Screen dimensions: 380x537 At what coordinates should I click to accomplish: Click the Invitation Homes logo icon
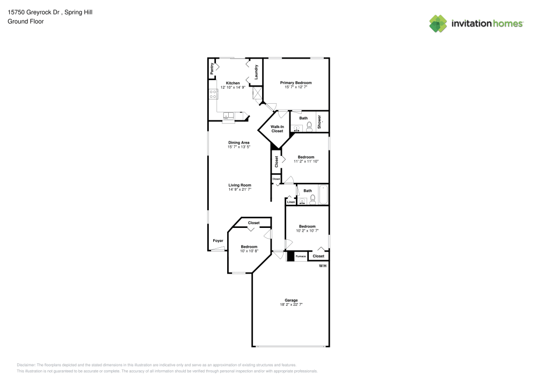click(438, 23)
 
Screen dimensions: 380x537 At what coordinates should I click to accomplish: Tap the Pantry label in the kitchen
click(213, 68)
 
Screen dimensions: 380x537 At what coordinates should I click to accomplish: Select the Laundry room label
click(257, 72)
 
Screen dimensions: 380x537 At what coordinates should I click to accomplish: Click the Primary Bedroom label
click(296, 83)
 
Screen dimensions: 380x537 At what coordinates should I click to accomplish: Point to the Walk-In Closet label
click(277, 129)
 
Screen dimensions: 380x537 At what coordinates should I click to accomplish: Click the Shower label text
click(319, 121)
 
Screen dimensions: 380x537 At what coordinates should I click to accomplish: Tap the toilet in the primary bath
click(309, 127)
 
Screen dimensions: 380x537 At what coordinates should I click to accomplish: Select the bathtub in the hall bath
click(323, 195)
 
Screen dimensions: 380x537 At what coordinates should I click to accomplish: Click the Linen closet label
click(291, 202)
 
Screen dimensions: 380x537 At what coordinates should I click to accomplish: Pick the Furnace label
click(301, 256)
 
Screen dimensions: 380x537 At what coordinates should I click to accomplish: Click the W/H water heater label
click(322, 266)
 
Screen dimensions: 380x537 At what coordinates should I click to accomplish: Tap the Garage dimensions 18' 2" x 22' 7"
click(291, 305)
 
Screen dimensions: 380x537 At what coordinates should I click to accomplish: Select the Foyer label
click(218, 240)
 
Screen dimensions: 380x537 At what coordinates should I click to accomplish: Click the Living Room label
click(239, 185)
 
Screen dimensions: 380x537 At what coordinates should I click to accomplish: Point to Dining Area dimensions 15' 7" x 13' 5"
click(239, 147)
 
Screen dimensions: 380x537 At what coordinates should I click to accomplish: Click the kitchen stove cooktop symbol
click(213, 95)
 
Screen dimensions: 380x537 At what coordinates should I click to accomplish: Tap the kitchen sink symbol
click(229, 115)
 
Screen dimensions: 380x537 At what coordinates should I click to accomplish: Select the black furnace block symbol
click(290, 256)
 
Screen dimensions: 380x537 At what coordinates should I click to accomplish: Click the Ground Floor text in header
click(26, 21)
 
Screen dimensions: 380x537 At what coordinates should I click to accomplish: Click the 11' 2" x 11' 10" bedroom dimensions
click(306, 161)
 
